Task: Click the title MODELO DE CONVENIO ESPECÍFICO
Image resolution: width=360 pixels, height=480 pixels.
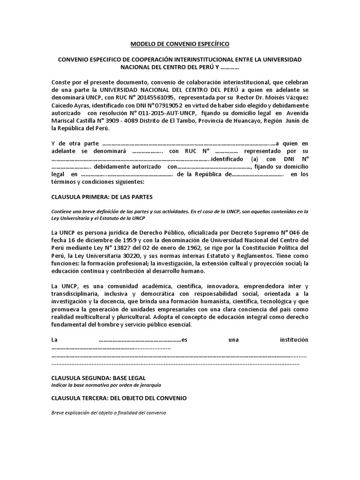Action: tap(180, 44)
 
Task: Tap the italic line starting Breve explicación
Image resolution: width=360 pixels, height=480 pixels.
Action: tap(108, 413)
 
